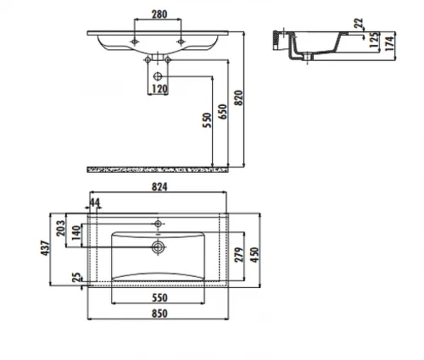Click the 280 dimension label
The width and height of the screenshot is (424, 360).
point(159,14)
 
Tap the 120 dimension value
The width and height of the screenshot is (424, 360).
point(159,89)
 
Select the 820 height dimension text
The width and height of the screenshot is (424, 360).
point(239,97)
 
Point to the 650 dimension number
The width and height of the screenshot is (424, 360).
point(223,112)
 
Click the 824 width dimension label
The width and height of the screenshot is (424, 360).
point(159,187)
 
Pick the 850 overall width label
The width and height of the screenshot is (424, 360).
point(159,313)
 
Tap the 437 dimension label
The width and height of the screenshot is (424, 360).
point(46,248)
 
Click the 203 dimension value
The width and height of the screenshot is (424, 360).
point(60,228)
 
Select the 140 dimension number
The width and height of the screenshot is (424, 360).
point(76,233)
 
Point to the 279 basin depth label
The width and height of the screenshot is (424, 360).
point(239,255)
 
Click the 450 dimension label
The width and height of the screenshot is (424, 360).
point(254,255)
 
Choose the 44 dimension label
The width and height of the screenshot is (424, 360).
point(95,202)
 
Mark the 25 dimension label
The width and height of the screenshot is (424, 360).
point(76,277)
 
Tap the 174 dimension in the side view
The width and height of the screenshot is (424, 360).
point(389,43)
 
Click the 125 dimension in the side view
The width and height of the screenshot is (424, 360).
point(374,40)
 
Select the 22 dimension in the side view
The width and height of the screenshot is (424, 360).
point(359,23)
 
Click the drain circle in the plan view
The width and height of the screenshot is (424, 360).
point(158,247)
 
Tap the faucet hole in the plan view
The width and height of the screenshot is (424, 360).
point(158,224)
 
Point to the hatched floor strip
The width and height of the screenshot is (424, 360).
point(158,169)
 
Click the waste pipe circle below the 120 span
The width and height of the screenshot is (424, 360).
point(158,76)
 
